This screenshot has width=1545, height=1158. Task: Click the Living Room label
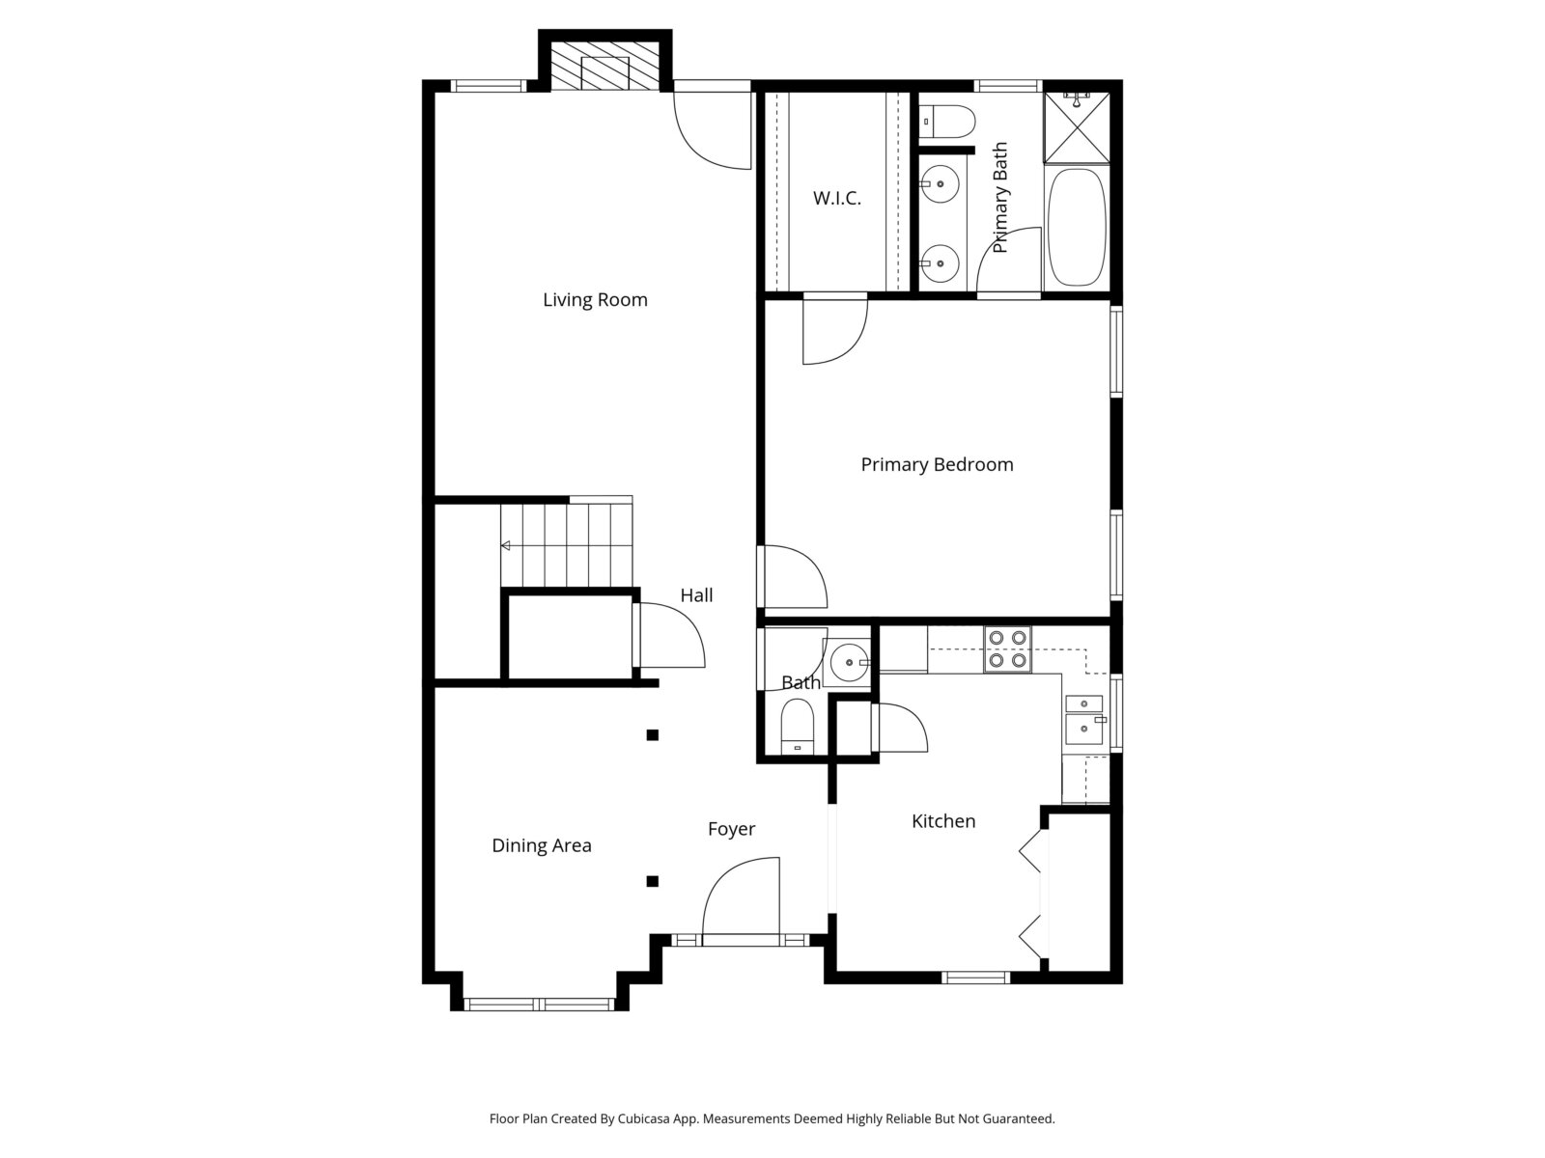tap(595, 300)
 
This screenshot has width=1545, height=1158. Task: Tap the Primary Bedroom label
tap(937, 464)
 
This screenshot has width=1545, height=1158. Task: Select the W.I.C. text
tap(837, 198)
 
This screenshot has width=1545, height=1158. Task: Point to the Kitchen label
tap(943, 821)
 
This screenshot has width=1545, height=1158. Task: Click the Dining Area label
tap(542, 846)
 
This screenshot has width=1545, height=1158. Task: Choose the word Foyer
tap(731, 830)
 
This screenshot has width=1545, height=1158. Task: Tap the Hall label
tap(696, 595)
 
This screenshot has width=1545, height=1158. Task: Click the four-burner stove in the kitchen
tap(1007, 648)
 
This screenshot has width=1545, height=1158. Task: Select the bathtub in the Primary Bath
tap(1077, 227)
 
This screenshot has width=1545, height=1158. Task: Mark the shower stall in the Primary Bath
tap(1077, 127)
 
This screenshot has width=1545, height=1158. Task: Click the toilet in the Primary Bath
tap(946, 122)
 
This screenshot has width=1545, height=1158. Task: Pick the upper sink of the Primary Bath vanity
tap(940, 184)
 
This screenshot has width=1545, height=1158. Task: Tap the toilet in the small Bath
tap(797, 727)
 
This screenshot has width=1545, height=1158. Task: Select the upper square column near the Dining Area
tap(653, 735)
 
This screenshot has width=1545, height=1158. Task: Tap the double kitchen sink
tap(1084, 720)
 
